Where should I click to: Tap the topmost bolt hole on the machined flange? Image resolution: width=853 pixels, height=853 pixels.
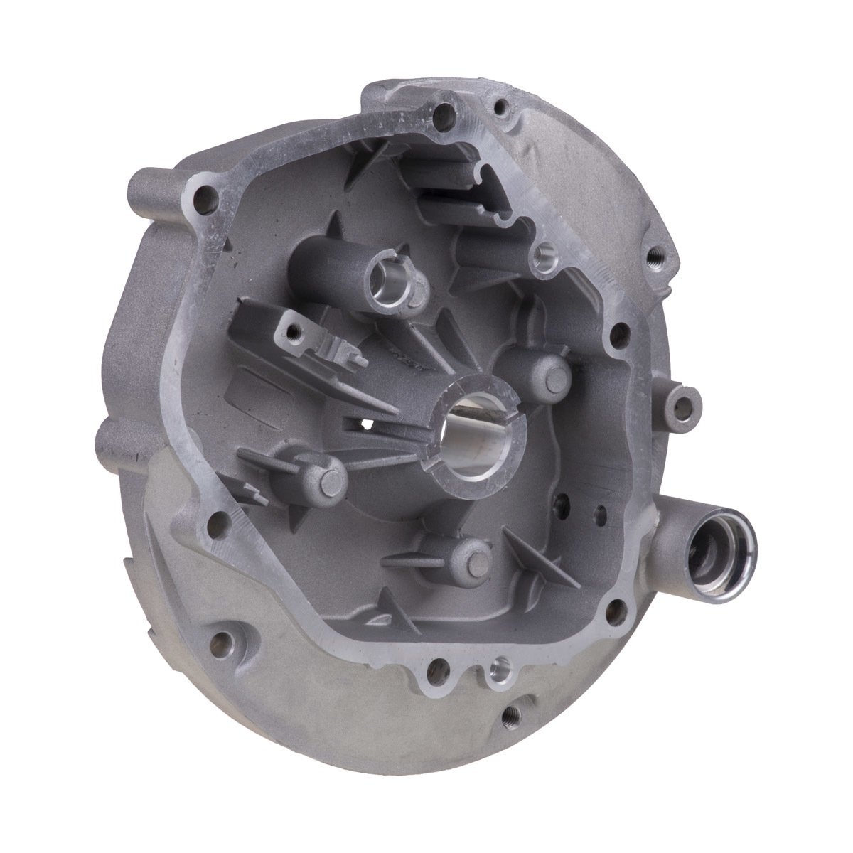click(x=446, y=112)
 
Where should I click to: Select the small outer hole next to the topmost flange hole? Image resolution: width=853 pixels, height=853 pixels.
click(x=504, y=109)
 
